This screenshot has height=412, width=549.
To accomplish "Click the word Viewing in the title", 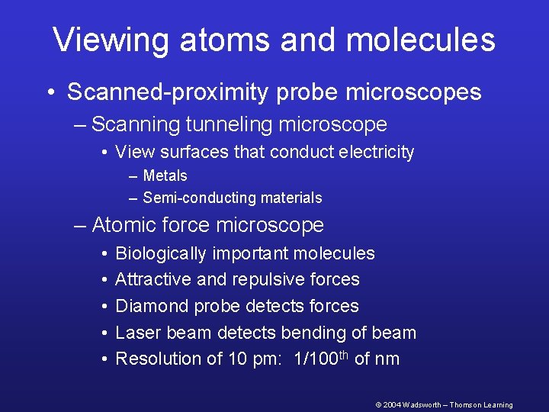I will pos(111,40).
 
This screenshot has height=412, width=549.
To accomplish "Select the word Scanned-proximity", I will pos(165,92).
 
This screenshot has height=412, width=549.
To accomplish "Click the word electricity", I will pos(375,152).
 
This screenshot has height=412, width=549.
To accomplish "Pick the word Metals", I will pos(165,176).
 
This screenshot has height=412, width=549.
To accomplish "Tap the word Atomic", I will pos(121,225).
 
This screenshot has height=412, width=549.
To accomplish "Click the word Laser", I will pos(136,333).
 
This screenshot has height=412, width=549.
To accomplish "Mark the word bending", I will pos(315,333).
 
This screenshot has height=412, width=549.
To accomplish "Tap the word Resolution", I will pos(159,359).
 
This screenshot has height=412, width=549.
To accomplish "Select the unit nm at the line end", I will pos(387,359).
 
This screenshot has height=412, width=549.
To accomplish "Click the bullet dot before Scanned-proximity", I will pos(50,93).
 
